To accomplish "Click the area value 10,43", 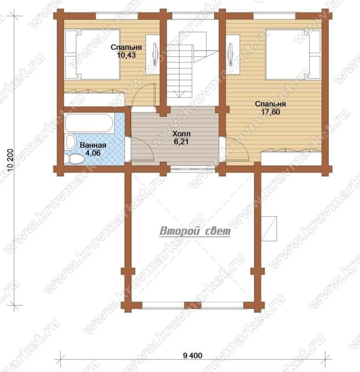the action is (126, 55).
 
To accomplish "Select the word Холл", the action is (182, 134).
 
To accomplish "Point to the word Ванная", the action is (93, 145).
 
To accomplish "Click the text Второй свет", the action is (195, 231).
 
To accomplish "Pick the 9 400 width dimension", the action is (193, 355).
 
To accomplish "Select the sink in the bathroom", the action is (70, 142).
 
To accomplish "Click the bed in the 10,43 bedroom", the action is (92, 54).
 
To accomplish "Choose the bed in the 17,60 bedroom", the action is (293, 54).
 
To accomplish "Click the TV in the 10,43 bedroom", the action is (155, 54).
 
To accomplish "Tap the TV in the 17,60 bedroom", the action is (230, 54).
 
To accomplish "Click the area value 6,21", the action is (182, 142).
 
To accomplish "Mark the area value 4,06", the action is (93, 153).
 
